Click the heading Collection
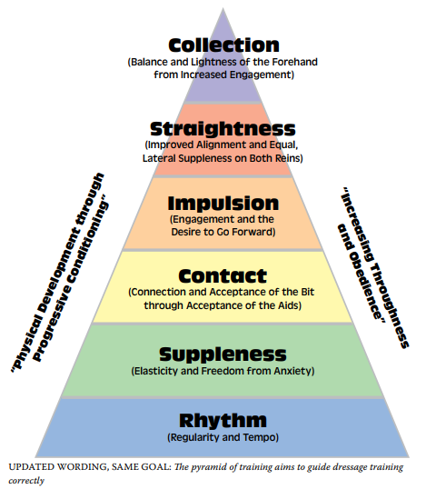[223, 45]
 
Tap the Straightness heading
[223, 129]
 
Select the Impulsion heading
[223, 204]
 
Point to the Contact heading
[223, 276]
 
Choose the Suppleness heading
[223, 354]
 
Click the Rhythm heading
[223, 421]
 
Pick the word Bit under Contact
[307, 292]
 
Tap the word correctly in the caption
[26, 481]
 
